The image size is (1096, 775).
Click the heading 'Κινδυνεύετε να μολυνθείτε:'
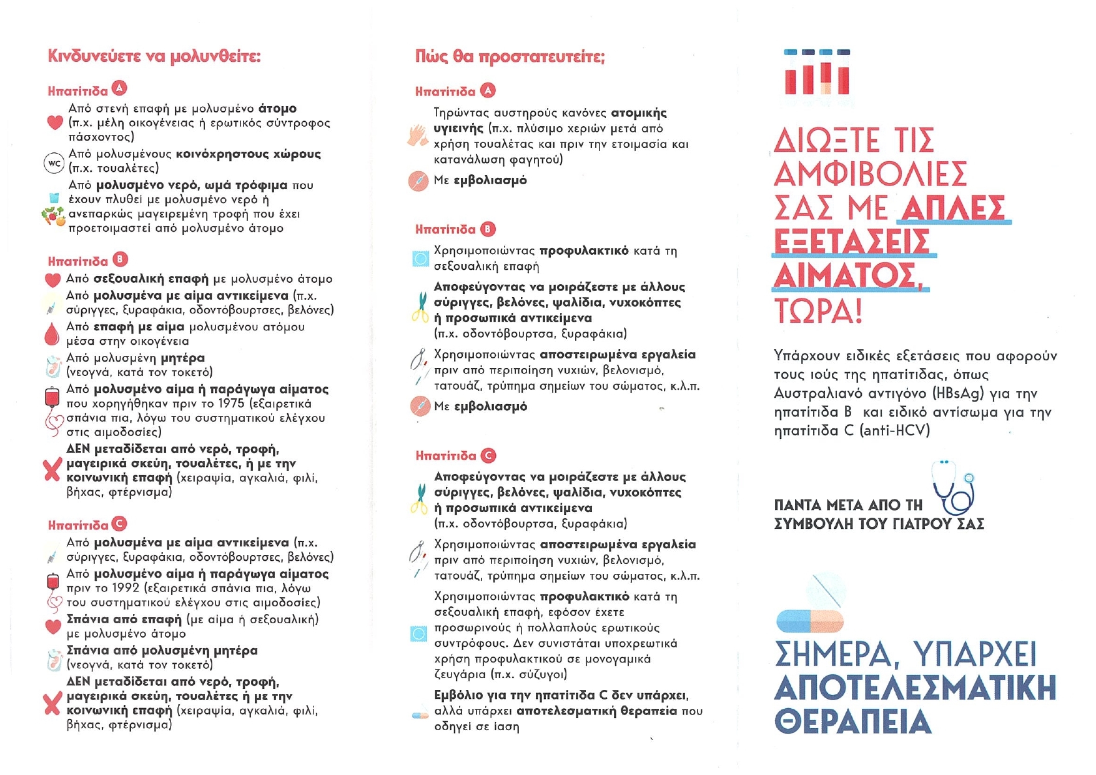154,56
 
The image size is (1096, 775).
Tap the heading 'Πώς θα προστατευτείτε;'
510,57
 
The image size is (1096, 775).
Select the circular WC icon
54,164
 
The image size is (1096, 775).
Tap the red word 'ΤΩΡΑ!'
818,310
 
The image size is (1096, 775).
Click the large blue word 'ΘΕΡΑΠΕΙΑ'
853,721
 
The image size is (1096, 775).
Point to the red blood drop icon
52,334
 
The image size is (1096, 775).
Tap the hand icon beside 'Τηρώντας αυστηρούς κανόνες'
417,136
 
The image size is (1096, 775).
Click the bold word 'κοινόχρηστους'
222,154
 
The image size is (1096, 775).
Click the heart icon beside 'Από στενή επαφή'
55,122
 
